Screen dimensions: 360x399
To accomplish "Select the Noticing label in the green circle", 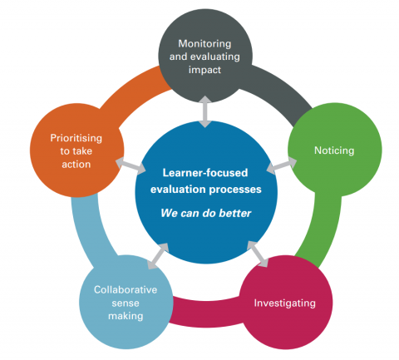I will (x=333, y=150).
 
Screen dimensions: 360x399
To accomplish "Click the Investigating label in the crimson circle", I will (x=284, y=303).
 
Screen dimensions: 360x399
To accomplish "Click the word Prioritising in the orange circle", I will (x=75, y=136).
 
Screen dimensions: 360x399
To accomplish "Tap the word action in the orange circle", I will (x=76, y=164).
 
